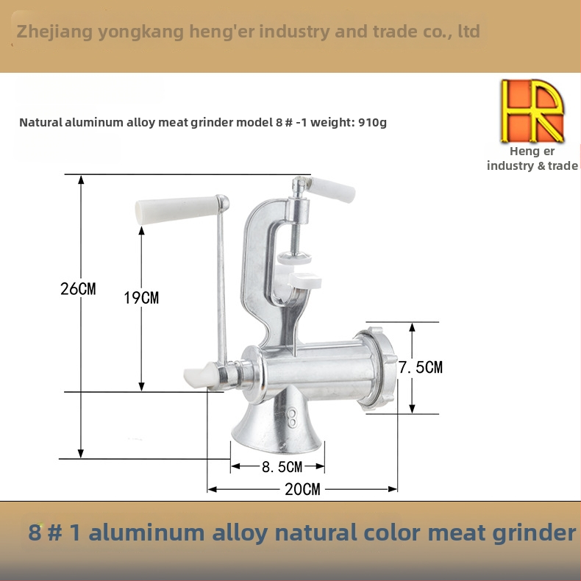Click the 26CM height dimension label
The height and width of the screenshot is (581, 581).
(78, 288)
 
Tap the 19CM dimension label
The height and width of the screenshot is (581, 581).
(141, 298)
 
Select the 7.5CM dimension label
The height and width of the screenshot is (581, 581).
(421, 367)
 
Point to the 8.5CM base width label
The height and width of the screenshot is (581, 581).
(282, 467)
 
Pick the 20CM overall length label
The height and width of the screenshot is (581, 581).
(302, 489)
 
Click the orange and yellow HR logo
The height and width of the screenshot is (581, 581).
(532, 111)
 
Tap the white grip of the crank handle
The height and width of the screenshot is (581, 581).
(177, 210)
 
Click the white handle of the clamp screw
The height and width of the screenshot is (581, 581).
(332, 189)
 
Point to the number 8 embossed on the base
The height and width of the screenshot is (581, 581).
(292, 418)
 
